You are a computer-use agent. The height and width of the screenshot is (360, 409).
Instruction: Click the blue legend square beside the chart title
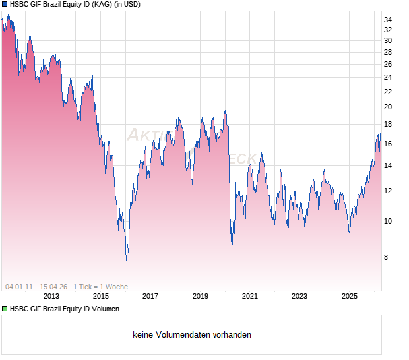click(x=5, y=5)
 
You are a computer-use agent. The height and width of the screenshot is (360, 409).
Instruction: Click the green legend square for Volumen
click(x=5, y=309)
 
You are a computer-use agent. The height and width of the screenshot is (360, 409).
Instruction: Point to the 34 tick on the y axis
click(x=388, y=20)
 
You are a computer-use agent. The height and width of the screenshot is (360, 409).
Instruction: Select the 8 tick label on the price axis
click(x=388, y=257)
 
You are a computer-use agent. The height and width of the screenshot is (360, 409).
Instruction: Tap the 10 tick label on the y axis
click(x=388, y=221)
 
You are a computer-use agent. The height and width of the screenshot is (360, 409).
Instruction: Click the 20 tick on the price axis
click(x=388, y=107)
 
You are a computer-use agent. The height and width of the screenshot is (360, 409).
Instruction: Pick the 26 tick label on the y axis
click(x=388, y=64)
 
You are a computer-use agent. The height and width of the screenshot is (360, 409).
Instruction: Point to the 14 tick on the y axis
click(x=388, y=165)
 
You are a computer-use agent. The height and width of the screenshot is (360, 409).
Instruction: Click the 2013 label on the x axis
click(x=51, y=297)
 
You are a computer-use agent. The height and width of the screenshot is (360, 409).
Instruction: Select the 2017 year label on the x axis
click(x=150, y=297)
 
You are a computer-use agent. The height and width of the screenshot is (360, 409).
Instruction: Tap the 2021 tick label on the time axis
click(x=250, y=297)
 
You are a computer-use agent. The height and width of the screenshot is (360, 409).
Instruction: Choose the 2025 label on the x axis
click(x=350, y=297)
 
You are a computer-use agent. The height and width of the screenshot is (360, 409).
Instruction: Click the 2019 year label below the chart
click(x=201, y=297)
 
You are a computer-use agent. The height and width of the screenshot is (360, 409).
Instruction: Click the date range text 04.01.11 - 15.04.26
click(x=36, y=287)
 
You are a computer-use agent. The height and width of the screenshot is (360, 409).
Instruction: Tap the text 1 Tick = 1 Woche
click(x=100, y=287)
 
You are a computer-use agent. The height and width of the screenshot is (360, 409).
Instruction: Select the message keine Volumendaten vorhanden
click(x=192, y=335)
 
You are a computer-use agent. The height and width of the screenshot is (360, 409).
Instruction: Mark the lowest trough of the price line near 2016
click(x=127, y=262)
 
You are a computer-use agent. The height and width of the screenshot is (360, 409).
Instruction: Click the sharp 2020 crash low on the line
click(x=232, y=244)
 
